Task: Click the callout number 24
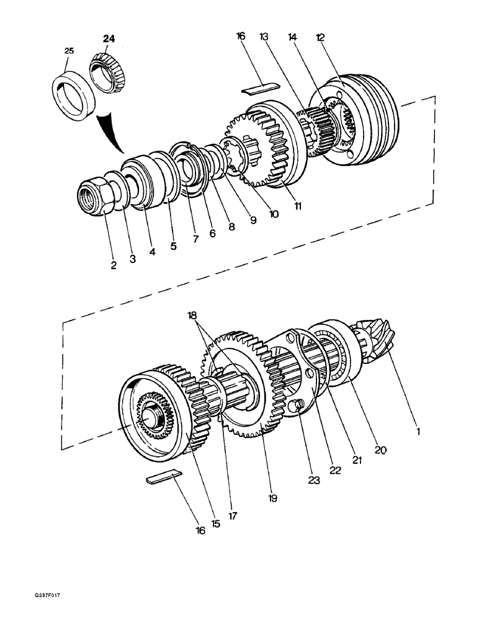click(109, 38)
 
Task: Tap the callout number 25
click(69, 51)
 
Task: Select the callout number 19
click(272, 497)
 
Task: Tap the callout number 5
click(173, 246)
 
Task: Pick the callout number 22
click(335, 469)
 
